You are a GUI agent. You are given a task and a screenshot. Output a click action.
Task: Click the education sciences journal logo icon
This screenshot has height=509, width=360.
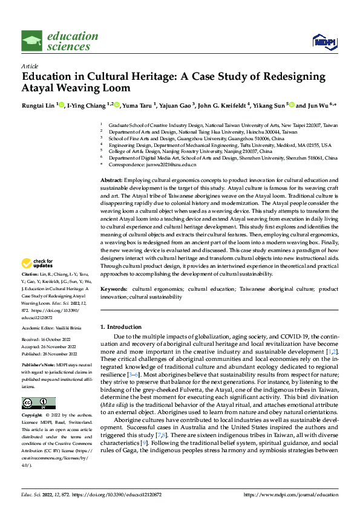point(32,41)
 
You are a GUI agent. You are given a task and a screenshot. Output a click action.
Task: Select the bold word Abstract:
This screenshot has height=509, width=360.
point(111,181)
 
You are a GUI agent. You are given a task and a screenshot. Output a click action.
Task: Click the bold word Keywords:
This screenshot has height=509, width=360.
point(114,290)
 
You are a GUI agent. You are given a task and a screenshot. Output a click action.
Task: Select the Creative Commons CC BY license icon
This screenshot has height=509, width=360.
point(39,403)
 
